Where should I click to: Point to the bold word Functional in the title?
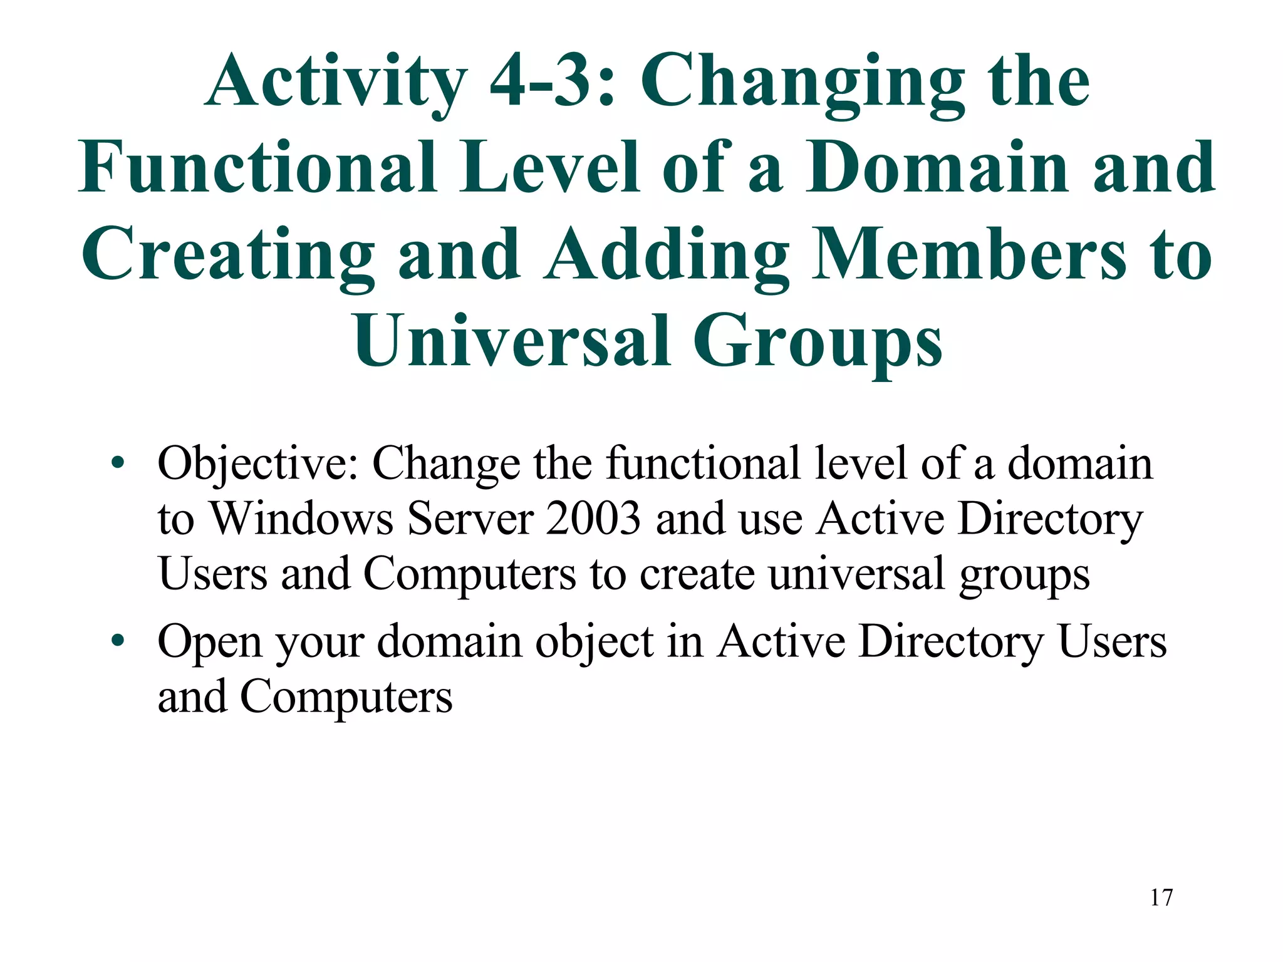257,168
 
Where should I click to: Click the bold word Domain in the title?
937,168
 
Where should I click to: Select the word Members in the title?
967,254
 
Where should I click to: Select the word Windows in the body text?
301,519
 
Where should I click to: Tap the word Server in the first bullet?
470,519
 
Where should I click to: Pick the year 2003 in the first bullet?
593,519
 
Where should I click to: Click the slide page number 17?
1161,897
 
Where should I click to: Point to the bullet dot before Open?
117,641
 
